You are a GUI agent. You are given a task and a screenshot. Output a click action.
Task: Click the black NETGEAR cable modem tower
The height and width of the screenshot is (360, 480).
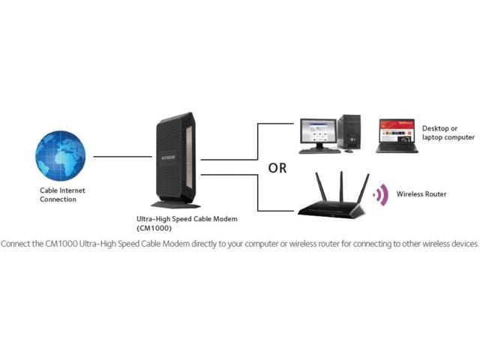tap(176, 157)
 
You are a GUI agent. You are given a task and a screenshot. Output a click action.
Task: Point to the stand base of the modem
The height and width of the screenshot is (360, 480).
tap(175, 204)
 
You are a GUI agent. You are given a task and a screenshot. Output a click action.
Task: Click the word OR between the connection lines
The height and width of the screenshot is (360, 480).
tap(277, 169)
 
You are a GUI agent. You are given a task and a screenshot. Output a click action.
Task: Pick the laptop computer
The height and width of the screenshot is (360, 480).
tap(396, 136)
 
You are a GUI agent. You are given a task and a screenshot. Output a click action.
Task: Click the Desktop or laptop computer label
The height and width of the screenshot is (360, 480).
tap(448, 133)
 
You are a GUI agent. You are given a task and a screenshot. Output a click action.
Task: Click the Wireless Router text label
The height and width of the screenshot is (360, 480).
tap(421, 194)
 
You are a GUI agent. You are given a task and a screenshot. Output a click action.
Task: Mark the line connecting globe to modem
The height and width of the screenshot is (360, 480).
tap(116, 157)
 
